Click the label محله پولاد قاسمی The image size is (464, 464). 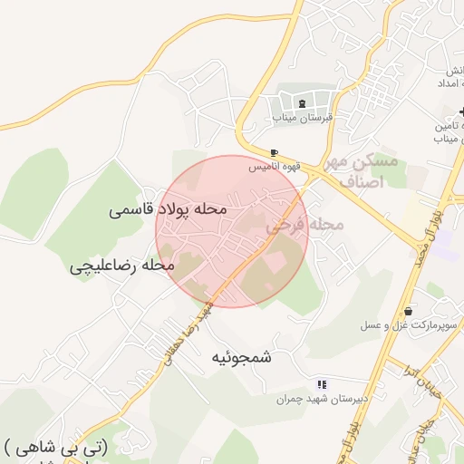click(x=167, y=209)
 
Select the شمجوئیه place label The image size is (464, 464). click(x=241, y=357)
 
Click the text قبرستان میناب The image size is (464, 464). click(x=302, y=118)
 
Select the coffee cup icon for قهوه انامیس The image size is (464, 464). click(x=275, y=152)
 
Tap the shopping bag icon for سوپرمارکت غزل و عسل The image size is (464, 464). click(x=409, y=311)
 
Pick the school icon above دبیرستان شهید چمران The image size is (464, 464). click(x=322, y=385)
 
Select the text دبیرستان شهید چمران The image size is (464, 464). click(x=314, y=399)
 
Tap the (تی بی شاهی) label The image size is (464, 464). click(x=56, y=446)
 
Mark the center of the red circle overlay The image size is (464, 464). click(x=232, y=231)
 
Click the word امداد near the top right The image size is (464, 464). click(x=451, y=82)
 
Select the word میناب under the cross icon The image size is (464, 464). click(x=449, y=139)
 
